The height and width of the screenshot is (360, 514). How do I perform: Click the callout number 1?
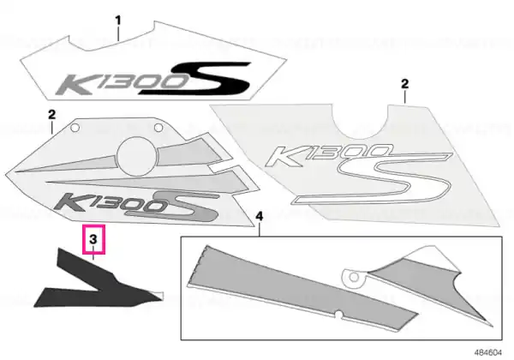pos(118,21)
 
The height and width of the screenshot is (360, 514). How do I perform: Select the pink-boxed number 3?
pos(93,239)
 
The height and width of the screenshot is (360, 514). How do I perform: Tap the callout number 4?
pos(260,216)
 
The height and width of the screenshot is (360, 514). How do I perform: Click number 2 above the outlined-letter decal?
pos(405,84)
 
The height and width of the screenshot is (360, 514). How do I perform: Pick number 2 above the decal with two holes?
pos(51,114)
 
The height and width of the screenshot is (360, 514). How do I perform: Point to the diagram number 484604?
pos(488,353)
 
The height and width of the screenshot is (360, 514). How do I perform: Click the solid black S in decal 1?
pos(194,78)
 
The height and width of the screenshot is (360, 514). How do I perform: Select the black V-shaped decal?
pos(98,279)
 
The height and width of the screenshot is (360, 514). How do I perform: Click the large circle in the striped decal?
pos(136,157)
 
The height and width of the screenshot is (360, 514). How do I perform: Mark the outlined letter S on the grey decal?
pos(373,179)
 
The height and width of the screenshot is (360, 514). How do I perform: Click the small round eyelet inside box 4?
pos(354,278)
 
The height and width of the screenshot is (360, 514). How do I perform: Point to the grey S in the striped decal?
pos(172,206)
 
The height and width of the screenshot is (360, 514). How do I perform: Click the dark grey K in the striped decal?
pos(70,202)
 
